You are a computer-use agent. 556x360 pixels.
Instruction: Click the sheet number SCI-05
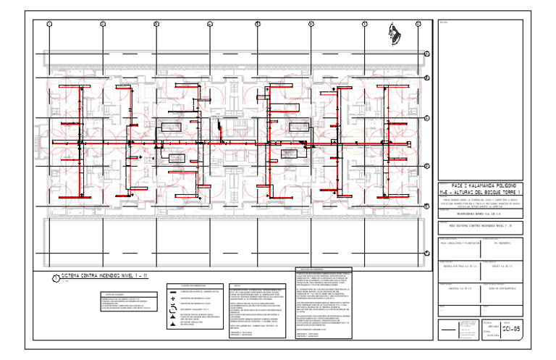point(511,330)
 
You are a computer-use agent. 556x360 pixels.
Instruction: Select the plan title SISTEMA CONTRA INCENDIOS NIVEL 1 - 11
point(104,277)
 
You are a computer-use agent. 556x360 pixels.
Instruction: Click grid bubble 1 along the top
point(49,25)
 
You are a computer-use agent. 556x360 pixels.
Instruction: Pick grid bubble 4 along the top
point(209,25)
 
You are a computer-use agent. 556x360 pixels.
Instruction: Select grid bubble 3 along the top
point(156,25)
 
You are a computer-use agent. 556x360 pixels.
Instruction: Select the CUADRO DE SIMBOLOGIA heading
point(184,285)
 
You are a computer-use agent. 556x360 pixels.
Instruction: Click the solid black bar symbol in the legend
point(172,291)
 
